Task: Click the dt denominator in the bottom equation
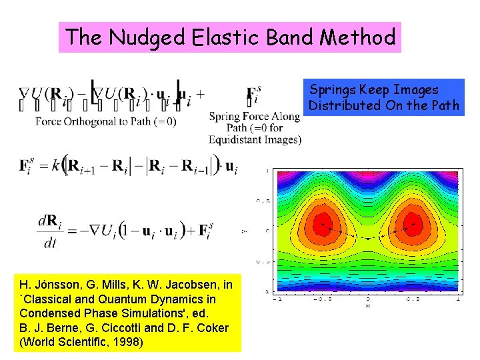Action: coord(50,243)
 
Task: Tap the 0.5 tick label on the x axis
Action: coord(413,299)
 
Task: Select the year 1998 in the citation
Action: coord(127,343)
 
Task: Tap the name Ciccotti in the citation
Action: coord(137,328)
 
